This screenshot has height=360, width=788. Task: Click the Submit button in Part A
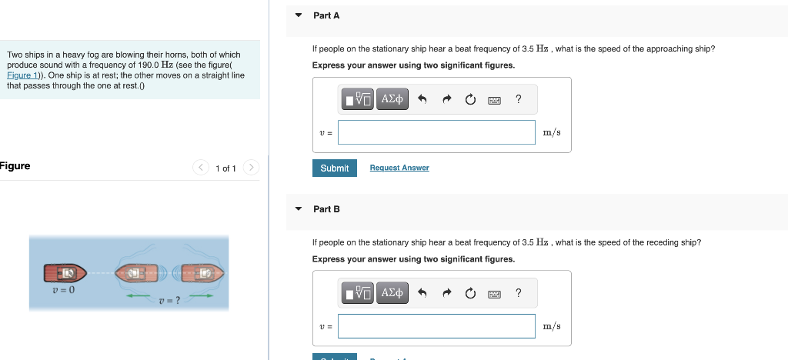point(334,168)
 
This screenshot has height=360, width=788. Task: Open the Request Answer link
point(399,168)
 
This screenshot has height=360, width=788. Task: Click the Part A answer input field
point(436,132)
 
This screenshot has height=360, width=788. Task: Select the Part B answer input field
point(436,326)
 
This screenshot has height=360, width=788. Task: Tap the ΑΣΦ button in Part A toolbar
point(392,99)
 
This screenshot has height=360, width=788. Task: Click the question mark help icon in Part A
point(518,98)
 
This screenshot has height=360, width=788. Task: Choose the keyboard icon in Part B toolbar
point(494,293)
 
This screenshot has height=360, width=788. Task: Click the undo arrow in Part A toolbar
point(422,99)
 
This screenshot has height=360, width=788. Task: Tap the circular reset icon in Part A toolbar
point(470,99)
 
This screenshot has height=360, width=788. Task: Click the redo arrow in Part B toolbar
point(446,293)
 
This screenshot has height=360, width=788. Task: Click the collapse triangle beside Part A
point(299,15)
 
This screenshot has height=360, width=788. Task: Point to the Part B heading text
point(326,209)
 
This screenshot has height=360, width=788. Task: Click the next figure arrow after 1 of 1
point(252,168)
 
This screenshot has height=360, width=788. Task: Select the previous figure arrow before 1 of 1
point(200,168)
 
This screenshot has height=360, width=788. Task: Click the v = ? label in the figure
point(169,300)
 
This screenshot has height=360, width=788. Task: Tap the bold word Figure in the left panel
point(15,166)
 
